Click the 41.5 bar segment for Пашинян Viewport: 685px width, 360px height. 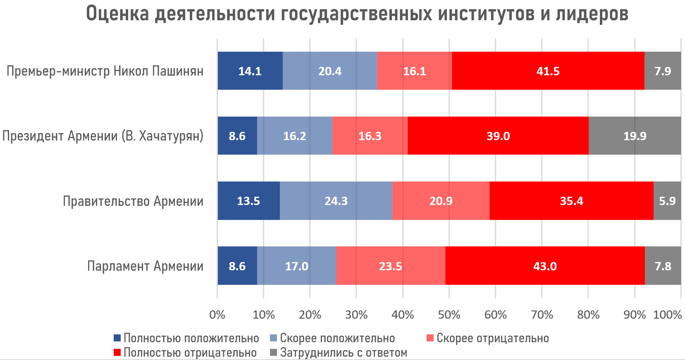tap(548, 71)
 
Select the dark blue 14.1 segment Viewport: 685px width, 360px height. tap(250, 71)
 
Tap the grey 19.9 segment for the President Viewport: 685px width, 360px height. tap(635, 136)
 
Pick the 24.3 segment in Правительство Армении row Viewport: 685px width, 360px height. tap(336, 201)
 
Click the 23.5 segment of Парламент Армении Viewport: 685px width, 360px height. tap(390, 266)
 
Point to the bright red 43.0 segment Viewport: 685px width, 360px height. tap(545, 266)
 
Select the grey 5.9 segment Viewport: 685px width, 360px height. tap(667, 201)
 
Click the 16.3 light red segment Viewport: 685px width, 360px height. tap(370, 136)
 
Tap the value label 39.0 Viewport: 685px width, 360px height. tap(498, 136)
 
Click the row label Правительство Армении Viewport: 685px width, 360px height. tap(133, 201)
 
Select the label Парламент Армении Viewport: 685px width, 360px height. tap(145, 266)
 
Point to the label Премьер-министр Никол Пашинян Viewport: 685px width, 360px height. tap(105, 71)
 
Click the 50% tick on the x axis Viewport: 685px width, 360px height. tap(449, 315)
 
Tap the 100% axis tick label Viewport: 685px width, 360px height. tap(667, 315)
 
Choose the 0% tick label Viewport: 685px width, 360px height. tap(217, 315)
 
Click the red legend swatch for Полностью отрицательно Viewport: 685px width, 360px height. tap(117, 353)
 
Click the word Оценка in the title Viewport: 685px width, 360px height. tap(117, 14)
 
